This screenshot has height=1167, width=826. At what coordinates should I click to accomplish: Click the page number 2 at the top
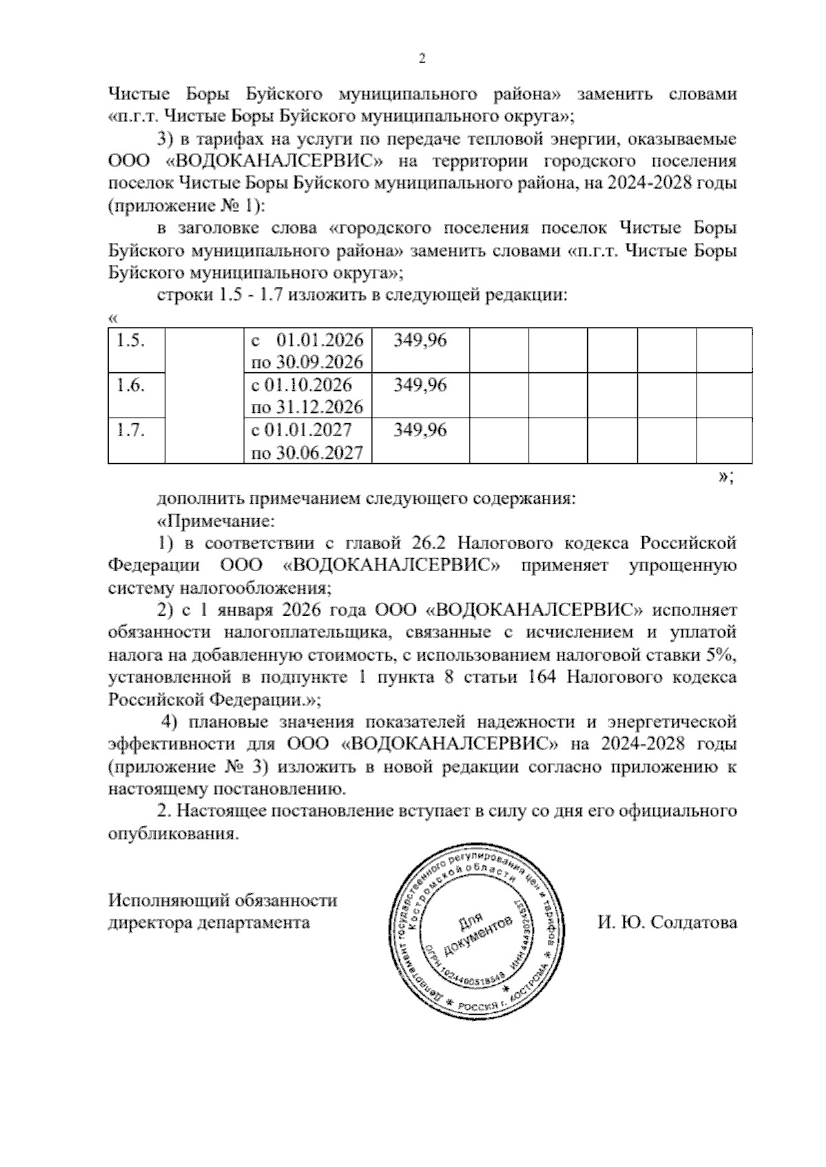[423, 59]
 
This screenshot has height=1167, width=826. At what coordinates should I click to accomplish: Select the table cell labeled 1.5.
[130, 341]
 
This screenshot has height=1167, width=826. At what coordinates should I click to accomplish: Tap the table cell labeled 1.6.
[130, 385]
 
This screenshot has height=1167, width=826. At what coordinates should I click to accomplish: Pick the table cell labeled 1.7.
[130, 431]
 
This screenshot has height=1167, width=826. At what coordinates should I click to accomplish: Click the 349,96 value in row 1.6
[420, 385]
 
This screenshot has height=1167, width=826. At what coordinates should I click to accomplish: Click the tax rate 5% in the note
[721, 654]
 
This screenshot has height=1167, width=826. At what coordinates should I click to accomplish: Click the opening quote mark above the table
[114, 319]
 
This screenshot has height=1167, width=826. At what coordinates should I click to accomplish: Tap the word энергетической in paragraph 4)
[672, 722]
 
